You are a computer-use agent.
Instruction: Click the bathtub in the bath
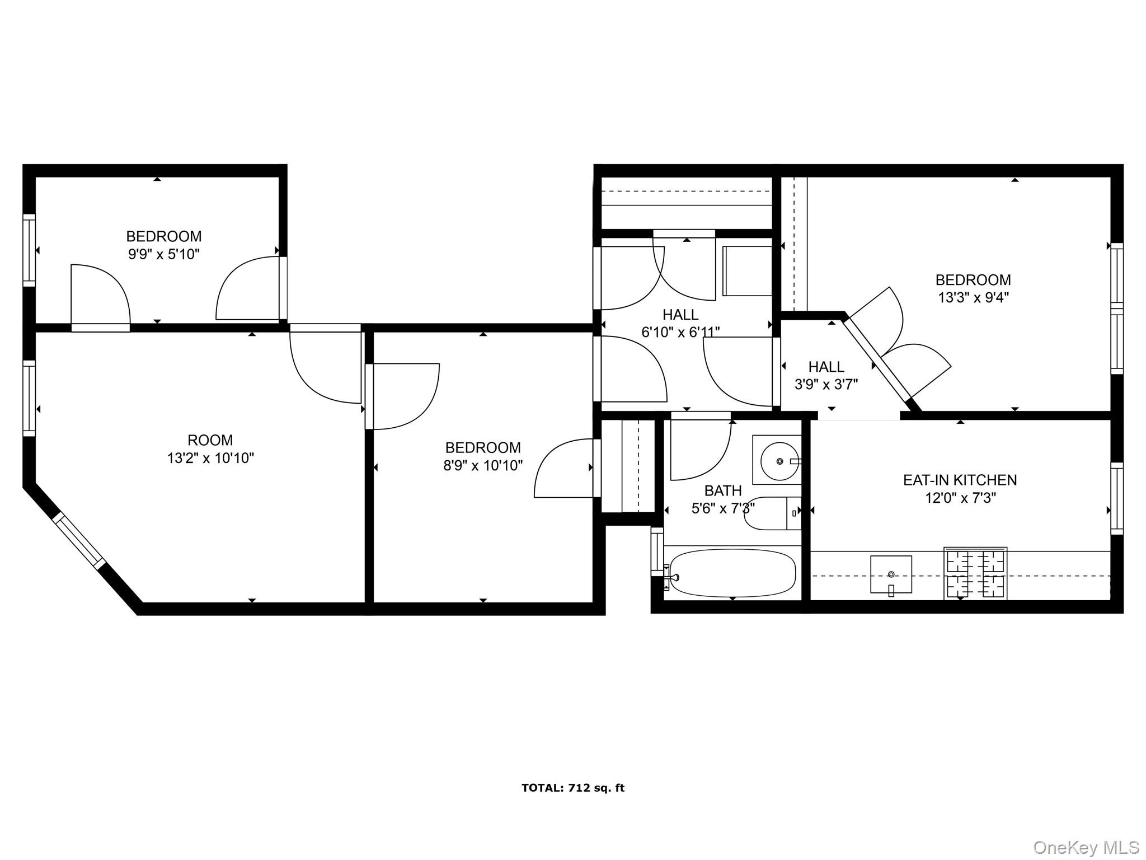pos(732,573)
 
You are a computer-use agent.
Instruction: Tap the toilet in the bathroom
pos(772,513)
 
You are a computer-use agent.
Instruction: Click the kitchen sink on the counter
pos(891,574)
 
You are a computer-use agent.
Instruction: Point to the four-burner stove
pos(975,573)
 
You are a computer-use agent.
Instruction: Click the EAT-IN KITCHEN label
pos(960,480)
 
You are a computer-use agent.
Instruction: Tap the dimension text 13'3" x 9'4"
pos(973,297)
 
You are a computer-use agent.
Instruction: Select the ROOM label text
pos(210,440)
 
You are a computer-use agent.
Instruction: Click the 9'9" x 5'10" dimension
pos(163,254)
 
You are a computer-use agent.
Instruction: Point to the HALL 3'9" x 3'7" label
pos(826,375)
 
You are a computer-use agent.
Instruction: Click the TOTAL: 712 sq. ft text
pos(572,788)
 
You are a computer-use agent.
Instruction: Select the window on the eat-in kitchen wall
pos(1116,498)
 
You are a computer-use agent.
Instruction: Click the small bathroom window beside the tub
pos(656,553)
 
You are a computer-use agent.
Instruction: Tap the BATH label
pos(723,490)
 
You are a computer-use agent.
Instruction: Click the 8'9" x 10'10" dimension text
pos(483,465)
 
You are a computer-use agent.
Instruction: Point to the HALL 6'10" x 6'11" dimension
pos(680,332)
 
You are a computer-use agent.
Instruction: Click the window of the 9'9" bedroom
pos(29,250)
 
